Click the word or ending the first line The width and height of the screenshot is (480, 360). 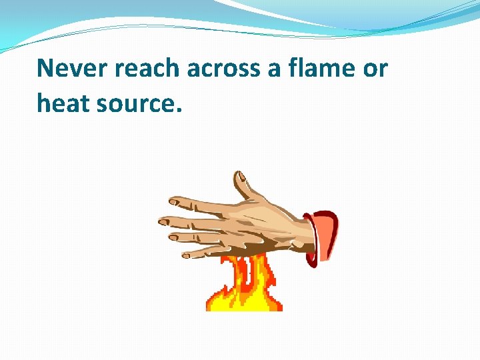point(375,69)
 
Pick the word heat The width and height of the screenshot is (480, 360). point(65,103)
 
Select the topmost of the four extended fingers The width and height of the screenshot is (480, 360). point(193,203)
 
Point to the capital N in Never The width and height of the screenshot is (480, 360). point(45,69)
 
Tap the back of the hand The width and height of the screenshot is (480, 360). point(260,223)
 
